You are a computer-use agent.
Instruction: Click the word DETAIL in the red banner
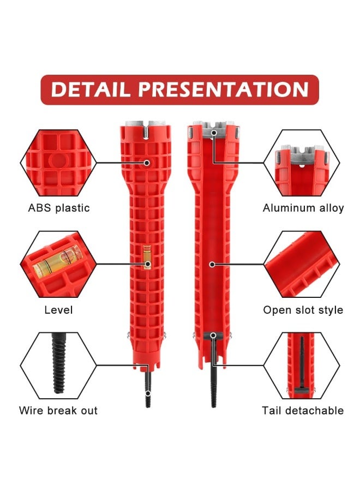pos(90,89)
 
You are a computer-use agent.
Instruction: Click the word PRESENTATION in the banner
pos(224,89)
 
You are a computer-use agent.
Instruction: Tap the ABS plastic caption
pos(59,208)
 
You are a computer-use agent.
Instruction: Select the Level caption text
pos(58,310)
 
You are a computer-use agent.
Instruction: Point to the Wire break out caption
pos(58,410)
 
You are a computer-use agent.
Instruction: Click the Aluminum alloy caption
pos(303,208)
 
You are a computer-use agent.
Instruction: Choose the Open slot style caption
pos(303,310)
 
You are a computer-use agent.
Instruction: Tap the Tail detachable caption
pos(303,410)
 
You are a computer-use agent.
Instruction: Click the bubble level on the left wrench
pos(147,258)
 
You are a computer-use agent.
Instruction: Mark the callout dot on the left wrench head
pos(147,163)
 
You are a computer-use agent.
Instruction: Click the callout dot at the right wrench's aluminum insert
pos(214,133)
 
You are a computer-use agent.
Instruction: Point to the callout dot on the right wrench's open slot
pos(212,265)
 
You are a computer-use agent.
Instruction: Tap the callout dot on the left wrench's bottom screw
pos(148,393)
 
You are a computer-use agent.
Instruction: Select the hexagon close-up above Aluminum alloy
pos(302,163)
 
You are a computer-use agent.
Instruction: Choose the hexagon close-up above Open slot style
pos(302,265)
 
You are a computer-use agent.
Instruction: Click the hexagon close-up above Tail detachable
pos(302,366)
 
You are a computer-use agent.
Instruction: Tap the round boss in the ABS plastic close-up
pos(58,160)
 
